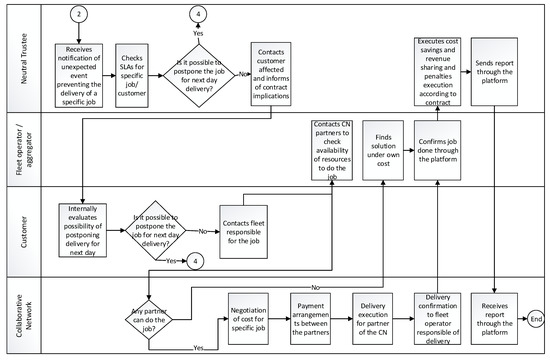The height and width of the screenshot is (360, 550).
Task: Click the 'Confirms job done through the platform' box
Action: [x=442, y=149]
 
